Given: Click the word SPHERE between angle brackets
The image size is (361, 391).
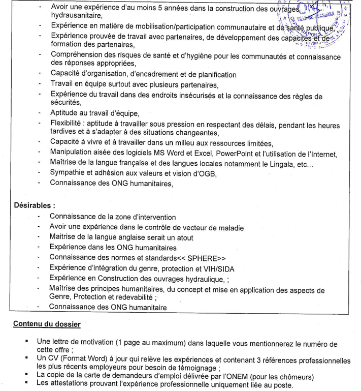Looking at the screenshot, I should [198, 257].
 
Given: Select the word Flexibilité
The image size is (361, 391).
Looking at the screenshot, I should [69, 123].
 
